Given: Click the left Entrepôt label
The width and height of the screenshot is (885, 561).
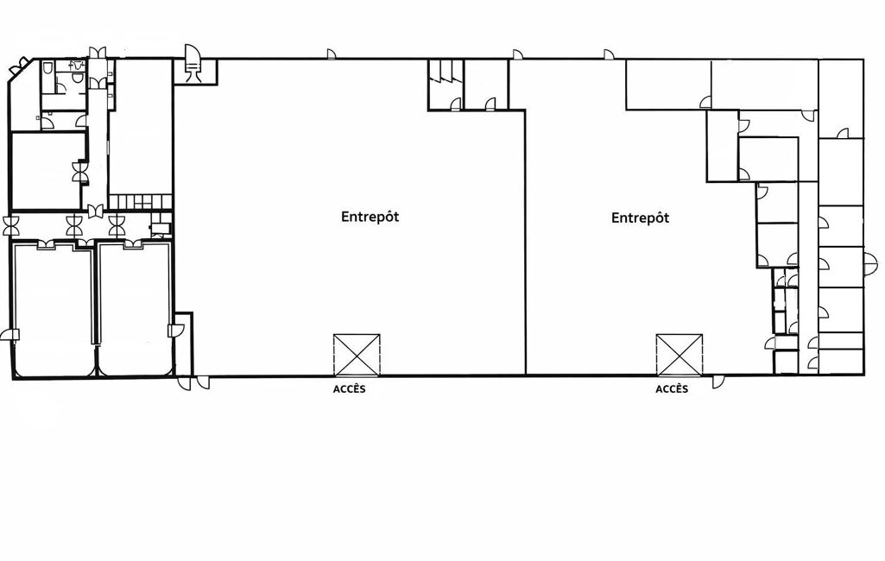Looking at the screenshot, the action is tap(370, 217).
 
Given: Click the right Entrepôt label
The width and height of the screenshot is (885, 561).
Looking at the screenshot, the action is tap(640, 217).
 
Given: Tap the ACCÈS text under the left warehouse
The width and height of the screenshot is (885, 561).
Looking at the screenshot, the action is tap(350, 389).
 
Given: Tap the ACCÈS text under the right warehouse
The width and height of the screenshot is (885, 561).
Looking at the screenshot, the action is tap(672, 389).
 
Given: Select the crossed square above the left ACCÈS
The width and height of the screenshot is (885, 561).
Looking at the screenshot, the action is tap(357, 355).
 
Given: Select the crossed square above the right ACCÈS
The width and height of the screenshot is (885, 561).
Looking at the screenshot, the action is tap(680, 355).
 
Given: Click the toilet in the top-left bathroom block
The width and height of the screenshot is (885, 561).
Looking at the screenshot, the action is tap(48, 67).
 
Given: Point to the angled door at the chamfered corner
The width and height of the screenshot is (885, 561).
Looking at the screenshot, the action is tap(19, 67).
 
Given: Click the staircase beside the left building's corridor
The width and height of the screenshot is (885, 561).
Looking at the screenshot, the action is tap(140, 201).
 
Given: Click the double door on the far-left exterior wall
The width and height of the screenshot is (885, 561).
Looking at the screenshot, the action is tap(12, 226).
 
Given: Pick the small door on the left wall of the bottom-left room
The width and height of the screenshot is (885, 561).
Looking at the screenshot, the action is tap(10, 335).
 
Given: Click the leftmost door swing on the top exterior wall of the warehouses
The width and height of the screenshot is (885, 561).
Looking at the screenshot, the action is tap(332, 54).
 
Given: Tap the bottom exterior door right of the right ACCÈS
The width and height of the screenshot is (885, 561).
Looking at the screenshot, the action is tap(718, 381).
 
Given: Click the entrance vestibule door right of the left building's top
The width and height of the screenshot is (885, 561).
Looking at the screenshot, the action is tap(193, 62).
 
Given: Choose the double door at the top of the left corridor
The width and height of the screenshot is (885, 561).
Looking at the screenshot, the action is tap(97, 52).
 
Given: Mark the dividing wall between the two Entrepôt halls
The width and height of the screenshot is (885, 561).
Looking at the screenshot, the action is tap(526, 243).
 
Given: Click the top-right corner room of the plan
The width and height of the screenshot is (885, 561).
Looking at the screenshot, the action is tap(841, 98).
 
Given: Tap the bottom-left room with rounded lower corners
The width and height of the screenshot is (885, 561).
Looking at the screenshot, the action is tap(53, 309).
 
